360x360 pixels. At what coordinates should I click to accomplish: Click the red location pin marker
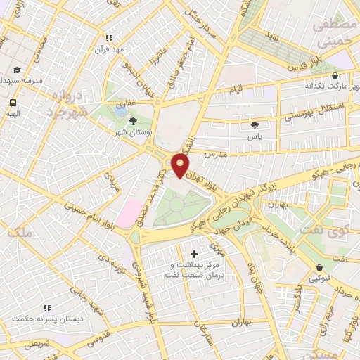click(x=181, y=165)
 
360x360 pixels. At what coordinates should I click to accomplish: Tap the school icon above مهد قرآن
click(x=108, y=38)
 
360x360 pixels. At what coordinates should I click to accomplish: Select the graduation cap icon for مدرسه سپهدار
click(x=16, y=70)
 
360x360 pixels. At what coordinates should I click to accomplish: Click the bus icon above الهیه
click(x=13, y=102)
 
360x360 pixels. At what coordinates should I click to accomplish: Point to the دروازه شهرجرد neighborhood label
click(x=68, y=103)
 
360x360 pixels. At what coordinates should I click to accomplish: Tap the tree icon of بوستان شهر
click(x=133, y=120)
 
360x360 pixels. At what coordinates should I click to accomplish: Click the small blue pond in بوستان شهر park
click(x=120, y=110)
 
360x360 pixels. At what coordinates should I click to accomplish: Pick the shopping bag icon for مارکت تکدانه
click(x=333, y=74)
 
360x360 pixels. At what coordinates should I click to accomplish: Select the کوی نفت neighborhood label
click(x=318, y=229)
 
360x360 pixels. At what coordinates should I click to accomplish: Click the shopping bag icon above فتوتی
click(x=321, y=268)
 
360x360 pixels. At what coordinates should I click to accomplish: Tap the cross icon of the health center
click(x=194, y=252)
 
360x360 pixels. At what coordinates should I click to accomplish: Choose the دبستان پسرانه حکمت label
click(x=46, y=319)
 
